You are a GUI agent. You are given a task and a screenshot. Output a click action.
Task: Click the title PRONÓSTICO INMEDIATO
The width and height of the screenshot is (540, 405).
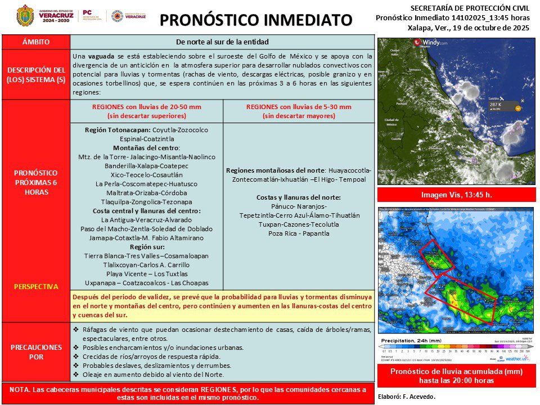[256, 21]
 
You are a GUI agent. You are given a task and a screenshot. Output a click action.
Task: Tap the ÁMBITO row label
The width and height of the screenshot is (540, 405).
[36, 42]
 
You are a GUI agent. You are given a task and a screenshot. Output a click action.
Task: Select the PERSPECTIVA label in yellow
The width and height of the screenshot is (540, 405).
[36, 286]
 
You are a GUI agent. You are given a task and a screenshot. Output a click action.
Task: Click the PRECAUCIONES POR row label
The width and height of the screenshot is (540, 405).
[36, 352]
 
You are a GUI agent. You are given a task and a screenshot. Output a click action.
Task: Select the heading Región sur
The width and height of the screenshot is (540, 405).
[146, 247]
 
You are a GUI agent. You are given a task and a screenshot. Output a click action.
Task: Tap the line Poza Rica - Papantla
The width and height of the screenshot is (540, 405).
[298, 233]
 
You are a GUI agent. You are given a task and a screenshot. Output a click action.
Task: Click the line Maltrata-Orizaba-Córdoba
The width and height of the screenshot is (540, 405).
[146, 193]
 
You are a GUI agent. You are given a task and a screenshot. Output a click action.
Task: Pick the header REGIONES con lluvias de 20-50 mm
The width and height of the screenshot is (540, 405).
[146, 107]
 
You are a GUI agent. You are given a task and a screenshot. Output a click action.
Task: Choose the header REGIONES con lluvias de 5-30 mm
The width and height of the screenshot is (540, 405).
[298, 107]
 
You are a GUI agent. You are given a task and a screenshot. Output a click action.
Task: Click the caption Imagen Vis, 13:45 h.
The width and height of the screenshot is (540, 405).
[456, 195]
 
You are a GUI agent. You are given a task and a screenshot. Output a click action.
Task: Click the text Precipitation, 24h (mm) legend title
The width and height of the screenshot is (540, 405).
[411, 341]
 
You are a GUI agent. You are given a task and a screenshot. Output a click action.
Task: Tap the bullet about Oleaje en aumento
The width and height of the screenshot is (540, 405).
[153, 375]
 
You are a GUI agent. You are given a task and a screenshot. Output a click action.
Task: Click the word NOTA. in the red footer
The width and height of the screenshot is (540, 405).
[21, 389]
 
